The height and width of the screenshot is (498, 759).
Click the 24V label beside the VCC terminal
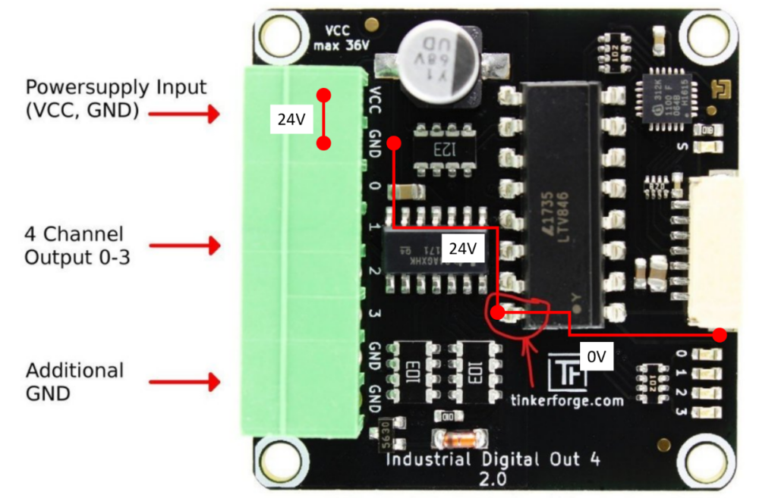(291, 119)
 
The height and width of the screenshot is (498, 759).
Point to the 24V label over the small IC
(462, 249)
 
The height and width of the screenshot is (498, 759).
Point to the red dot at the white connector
(720, 334)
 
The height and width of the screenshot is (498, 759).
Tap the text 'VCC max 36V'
(342, 39)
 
